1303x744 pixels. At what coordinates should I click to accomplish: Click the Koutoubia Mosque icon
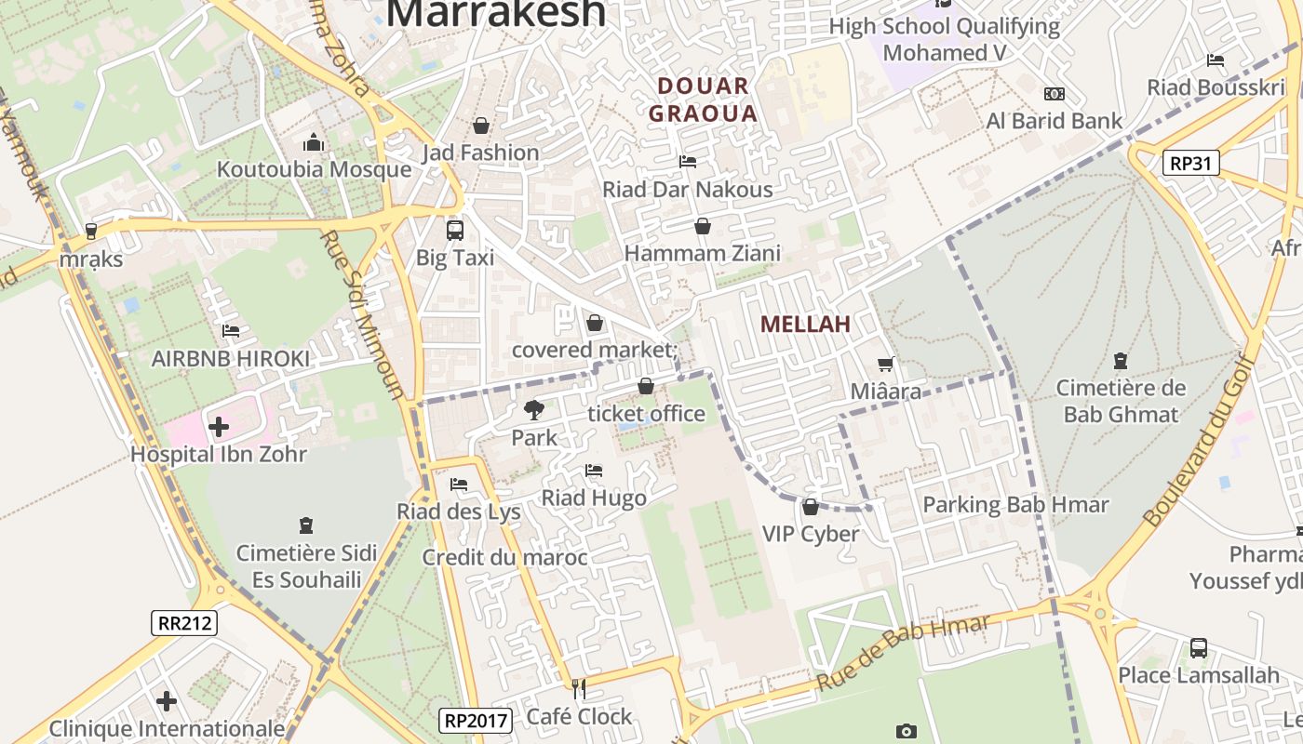[x=314, y=142]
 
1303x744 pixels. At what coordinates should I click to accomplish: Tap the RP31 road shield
[x=1190, y=164]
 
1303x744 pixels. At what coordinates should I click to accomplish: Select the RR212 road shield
[x=183, y=623]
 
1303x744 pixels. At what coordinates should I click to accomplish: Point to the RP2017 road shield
[x=475, y=720]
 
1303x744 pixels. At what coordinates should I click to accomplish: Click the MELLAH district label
[x=805, y=325]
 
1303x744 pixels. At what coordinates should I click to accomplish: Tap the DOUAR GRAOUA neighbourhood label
[x=703, y=100]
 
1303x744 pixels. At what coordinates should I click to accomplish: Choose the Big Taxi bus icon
[x=454, y=230]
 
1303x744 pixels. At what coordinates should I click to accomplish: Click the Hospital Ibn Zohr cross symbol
[x=219, y=427]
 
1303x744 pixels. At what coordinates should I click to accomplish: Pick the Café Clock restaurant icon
[x=579, y=689]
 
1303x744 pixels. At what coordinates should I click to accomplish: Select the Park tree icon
[x=533, y=409]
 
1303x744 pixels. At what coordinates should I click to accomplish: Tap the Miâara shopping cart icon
[x=885, y=365]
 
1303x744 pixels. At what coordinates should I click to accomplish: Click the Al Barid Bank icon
[x=1054, y=94]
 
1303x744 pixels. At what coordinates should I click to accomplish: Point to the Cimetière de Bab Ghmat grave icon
[x=1121, y=361]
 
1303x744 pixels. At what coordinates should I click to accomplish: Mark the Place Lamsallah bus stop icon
[x=1199, y=648]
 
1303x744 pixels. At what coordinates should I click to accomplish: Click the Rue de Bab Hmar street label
[x=903, y=653]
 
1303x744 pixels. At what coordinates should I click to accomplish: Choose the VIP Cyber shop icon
[x=810, y=507]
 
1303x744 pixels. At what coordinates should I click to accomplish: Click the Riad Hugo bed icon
[x=594, y=471]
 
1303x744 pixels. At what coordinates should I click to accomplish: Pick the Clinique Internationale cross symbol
[x=167, y=700]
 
